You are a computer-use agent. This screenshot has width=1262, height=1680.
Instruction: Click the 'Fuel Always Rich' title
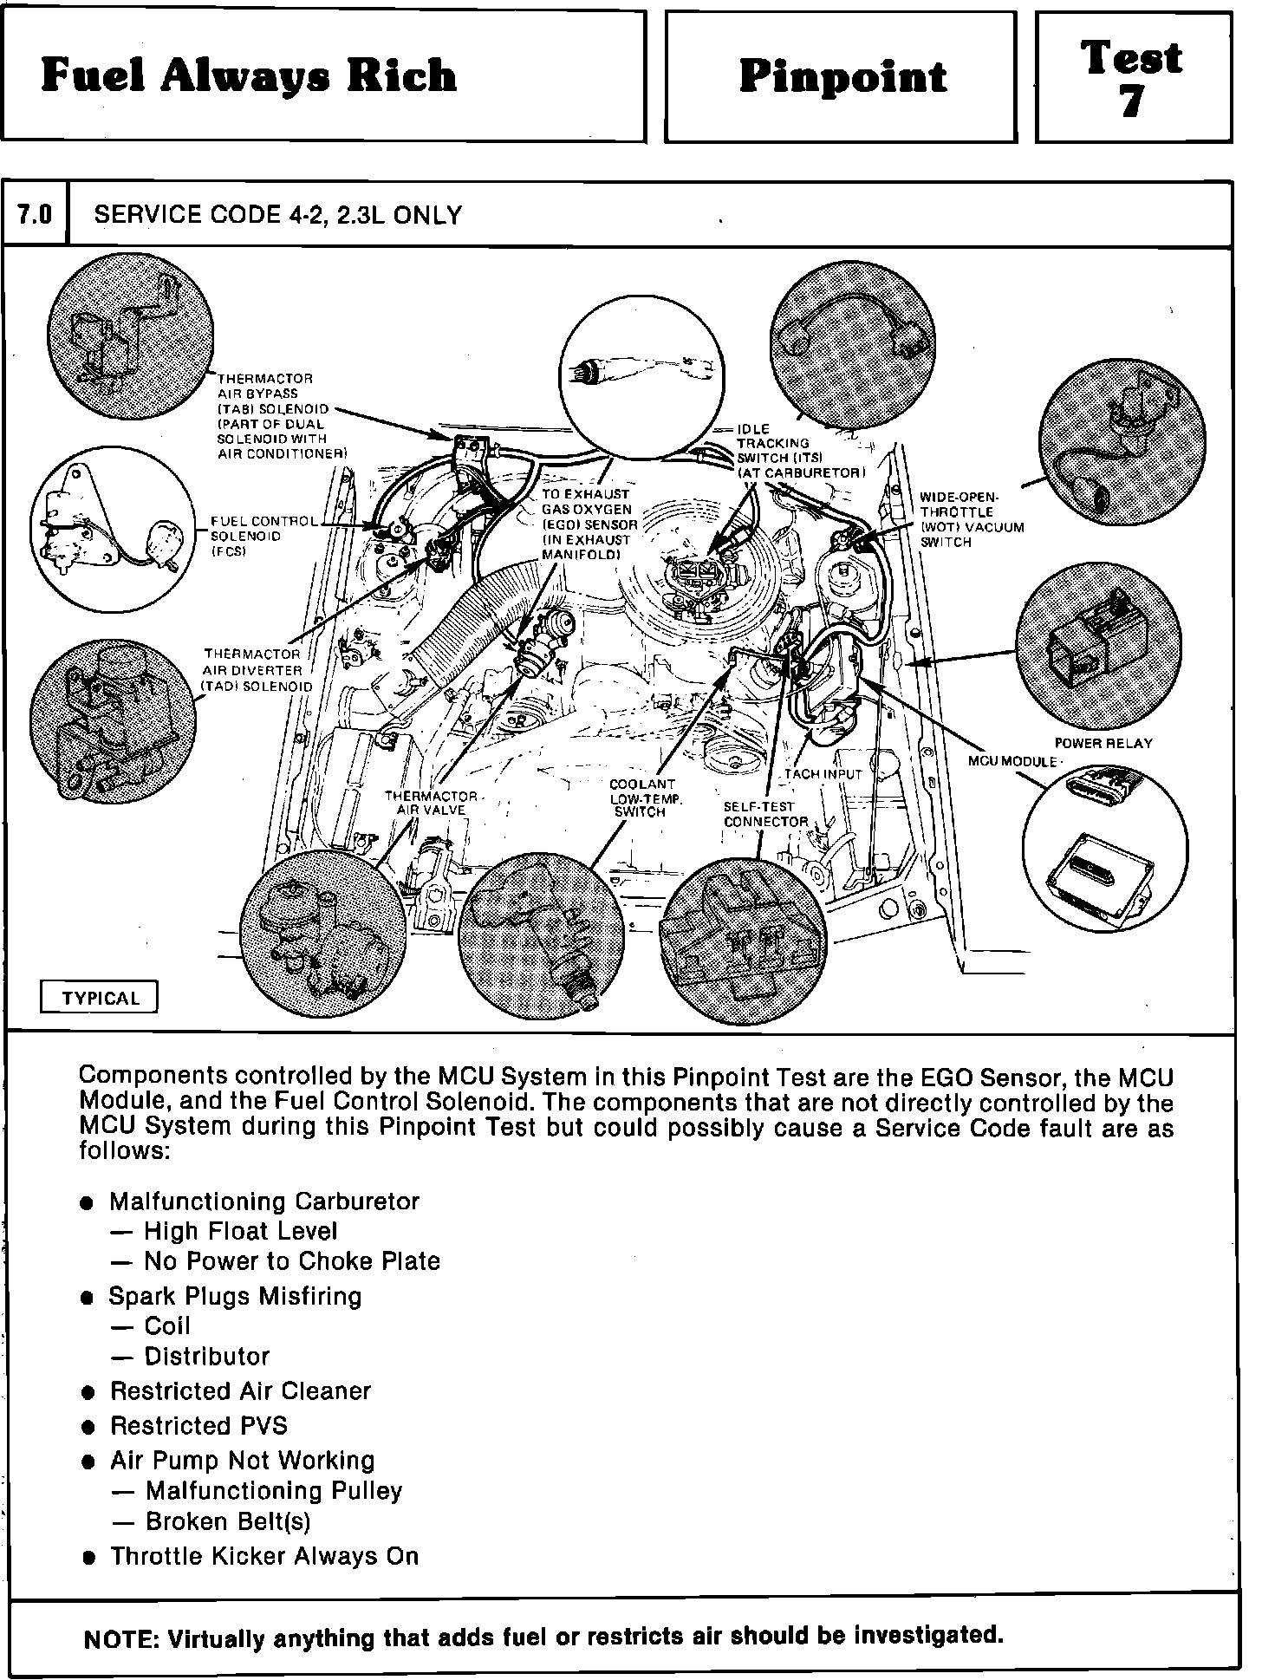click(x=249, y=76)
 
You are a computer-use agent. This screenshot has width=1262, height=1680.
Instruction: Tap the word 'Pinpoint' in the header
click(x=842, y=78)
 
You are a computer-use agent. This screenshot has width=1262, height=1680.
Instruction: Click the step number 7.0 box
click(x=35, y=214)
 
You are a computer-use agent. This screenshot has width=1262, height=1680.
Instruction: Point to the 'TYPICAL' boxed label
click(x=101, y=998)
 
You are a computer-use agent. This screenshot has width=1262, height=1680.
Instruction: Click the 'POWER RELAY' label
click(x=1103, y=743)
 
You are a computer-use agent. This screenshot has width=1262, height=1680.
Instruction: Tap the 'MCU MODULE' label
click(x=1012, y=761)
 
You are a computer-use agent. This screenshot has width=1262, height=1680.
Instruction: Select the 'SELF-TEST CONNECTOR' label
click(x=765, y=814)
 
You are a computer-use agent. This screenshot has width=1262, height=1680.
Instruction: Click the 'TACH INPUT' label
click(x=823, y=774)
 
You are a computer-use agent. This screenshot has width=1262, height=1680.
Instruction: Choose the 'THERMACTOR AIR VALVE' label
click(x=431, y=803)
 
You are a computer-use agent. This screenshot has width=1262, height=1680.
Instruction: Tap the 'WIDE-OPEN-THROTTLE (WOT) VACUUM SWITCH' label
click(x=971, y=519)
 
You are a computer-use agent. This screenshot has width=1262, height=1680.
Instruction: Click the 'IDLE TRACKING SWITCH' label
click(x=799, y=451)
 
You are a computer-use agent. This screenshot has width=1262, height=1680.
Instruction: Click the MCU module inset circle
click(x=1104, y=848)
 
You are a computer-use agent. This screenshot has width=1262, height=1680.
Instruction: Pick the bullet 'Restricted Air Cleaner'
click(x=240, y=1391)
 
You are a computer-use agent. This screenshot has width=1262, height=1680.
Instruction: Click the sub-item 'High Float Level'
click(x=240, y=1231)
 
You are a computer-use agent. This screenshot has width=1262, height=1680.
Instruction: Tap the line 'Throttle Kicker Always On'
click(x=263, y=1556)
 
